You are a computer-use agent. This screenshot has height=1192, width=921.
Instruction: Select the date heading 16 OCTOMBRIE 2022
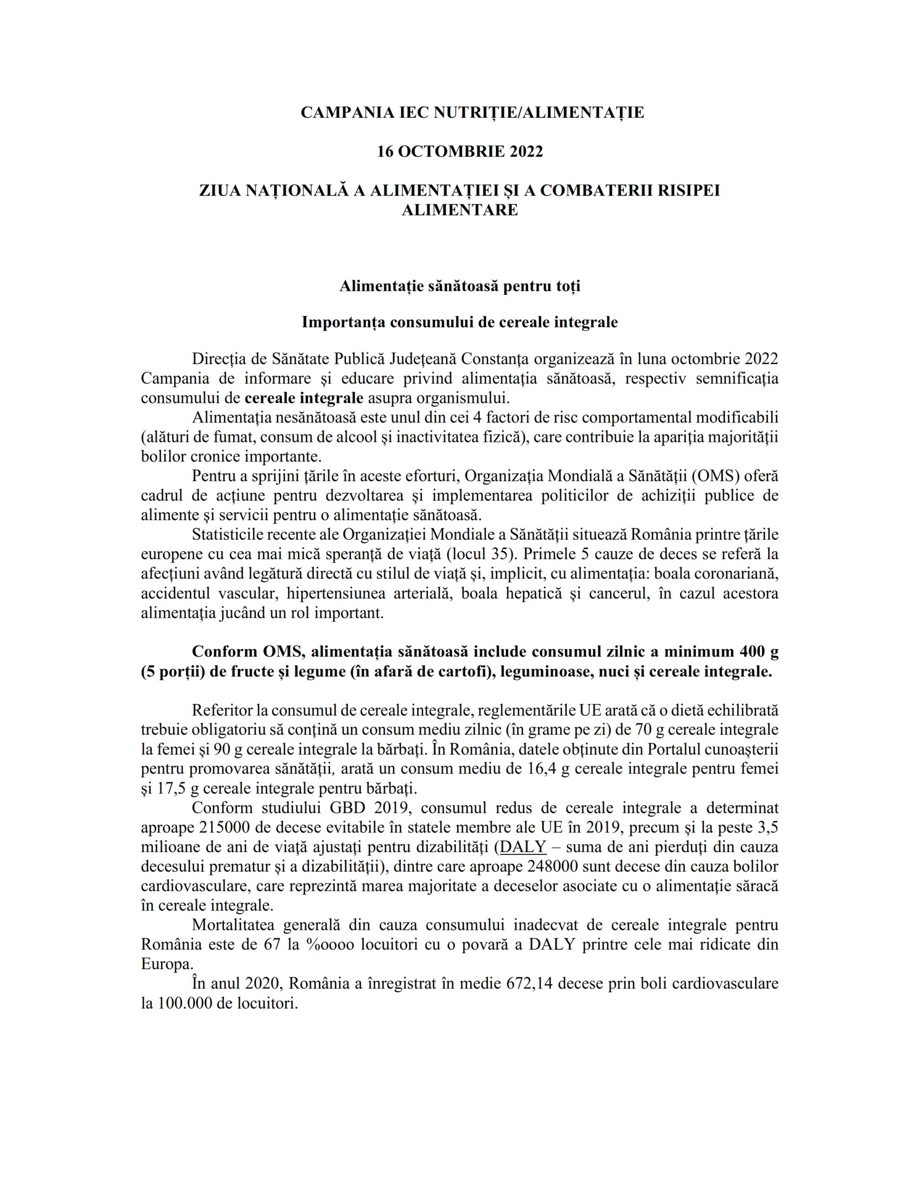[x=460, y=152]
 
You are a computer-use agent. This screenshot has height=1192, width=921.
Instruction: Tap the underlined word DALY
[x=523, y=847]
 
